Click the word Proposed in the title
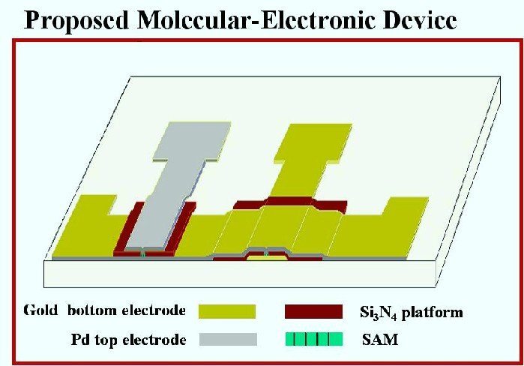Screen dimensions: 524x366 (x=76, y=20)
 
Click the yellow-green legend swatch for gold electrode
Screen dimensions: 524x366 (x=227, y=311)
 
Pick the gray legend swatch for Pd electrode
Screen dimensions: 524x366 (x=228, y=339)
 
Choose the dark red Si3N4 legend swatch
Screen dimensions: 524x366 (x=313, y=311)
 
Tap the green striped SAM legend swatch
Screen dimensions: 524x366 (x=314, y=339)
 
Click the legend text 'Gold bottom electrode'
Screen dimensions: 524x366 (x=105, y=310)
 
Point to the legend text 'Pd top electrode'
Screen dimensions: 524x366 (x=129, y=340)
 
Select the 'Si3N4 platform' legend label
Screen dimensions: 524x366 (x=412, y=313)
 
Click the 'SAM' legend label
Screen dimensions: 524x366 (x=380, y=340)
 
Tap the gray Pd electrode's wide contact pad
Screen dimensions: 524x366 (x=192, y=141)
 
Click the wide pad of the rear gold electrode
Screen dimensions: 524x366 (x=313, y=143)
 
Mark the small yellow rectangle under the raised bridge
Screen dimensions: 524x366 (x=267, y=258)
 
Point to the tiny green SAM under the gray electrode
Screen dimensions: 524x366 (x=142, y=255)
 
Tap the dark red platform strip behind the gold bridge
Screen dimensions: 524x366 (x=290, y=202)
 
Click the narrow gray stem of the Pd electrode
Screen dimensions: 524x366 (x=167, y=204)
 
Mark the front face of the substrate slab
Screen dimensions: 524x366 (x=241, y=274)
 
